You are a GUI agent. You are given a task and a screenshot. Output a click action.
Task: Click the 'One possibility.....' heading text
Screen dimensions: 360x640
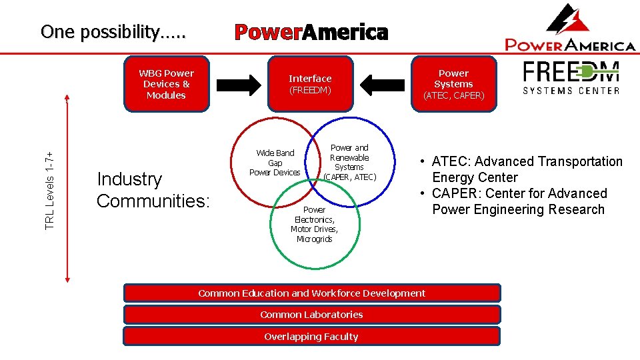pyautogui.click(x=113, y=31)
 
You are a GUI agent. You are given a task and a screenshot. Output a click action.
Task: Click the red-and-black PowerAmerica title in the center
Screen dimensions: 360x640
pyautogui.click(x=311, y=32)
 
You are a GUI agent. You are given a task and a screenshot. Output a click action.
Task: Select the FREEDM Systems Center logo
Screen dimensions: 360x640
pyautogui.click(x=571, y=78)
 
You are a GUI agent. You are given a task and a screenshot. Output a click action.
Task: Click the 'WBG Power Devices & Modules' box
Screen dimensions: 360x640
pyautogui.click(x=166, y=84)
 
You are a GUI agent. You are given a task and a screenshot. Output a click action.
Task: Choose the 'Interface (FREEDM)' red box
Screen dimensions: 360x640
pyautogui.click(x=309, y=84)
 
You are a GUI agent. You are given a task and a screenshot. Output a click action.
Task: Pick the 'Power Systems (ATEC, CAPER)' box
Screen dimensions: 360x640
pyautogui.click(x=453, y=84)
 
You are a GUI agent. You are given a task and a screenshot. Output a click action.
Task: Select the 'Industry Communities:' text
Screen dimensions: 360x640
pyautogui.click(x=153, y=189)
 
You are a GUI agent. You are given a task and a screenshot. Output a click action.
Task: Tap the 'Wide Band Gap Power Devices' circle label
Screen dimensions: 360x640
pyautogui.click(x=275, y=163)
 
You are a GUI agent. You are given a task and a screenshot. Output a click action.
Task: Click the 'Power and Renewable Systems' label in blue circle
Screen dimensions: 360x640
pyautogui.click(x=349, y=162)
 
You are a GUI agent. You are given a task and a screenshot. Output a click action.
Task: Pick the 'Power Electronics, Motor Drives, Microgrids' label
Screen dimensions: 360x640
pyautogui.click(x=314, y=224)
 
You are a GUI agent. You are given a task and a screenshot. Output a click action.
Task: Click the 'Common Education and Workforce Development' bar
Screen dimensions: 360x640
pyautogui.click(x=311, y=293)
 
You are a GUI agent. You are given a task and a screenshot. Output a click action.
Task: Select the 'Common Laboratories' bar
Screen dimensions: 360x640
pyautogui.click(x=311, y=315)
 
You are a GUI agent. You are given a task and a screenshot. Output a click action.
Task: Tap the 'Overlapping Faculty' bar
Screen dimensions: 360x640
pyautogui.click(x=311, y=337)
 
